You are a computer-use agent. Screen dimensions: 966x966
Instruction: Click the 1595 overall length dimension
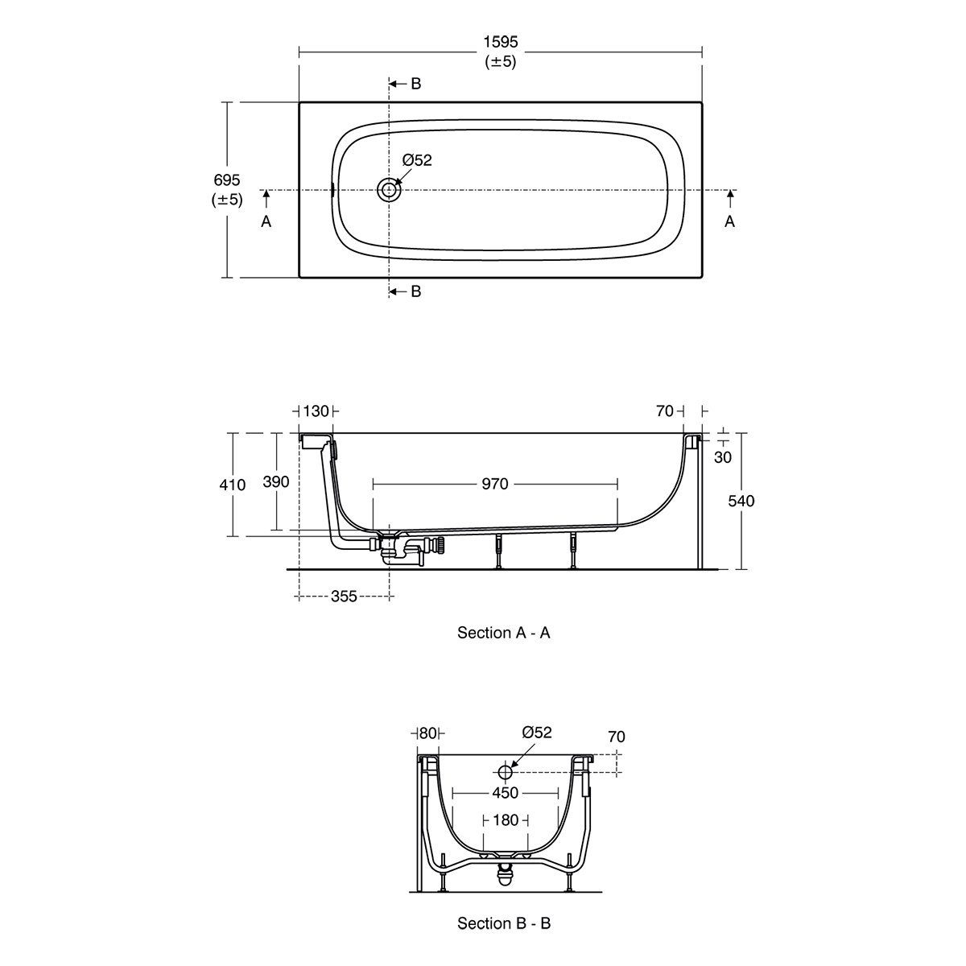500,42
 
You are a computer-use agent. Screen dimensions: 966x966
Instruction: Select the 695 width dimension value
226,180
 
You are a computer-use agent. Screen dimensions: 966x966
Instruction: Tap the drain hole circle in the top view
389,190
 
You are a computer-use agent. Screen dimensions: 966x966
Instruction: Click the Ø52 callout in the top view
416,160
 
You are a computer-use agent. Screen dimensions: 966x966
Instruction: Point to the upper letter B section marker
415,84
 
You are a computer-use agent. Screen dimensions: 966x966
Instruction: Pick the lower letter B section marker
415,291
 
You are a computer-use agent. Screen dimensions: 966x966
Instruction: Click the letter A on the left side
266,221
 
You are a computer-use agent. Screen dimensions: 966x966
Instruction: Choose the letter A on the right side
729,221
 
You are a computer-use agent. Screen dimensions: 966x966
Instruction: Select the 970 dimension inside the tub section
495,484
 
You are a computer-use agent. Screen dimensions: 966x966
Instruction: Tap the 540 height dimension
741,501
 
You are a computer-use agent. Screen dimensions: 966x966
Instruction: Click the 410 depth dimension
232,485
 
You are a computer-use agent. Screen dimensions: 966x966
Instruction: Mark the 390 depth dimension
276,481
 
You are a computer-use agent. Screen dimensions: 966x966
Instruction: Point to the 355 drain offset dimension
344,596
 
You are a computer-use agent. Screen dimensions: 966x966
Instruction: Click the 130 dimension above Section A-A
316,411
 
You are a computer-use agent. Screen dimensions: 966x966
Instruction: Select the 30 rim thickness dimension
722,456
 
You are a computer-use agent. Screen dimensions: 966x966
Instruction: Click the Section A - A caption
504,633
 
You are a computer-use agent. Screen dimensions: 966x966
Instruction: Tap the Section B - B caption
504,923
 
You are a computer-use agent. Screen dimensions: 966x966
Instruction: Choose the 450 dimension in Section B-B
505,793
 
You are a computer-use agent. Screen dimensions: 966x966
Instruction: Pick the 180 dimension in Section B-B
506,820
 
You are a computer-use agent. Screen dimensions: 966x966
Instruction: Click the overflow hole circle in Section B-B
505,772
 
